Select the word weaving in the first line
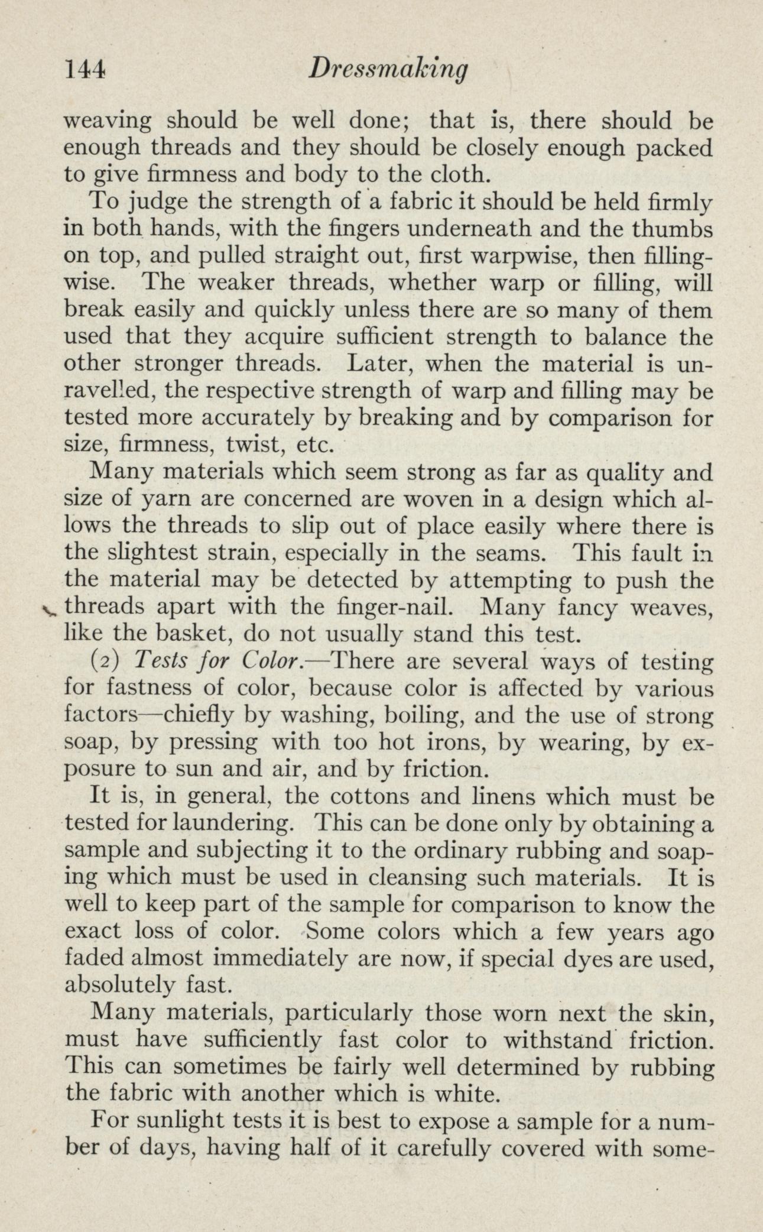107,122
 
